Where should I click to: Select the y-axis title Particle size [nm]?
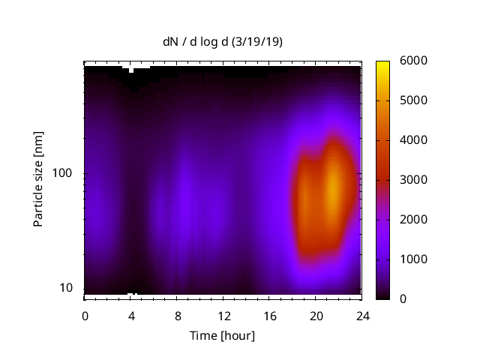click(38, 179)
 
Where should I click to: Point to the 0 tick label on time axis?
click(85, 315)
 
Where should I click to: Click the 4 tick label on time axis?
click(131, 315)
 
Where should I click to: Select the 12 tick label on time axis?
click(223, 315)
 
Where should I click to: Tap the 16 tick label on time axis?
click(270, 315)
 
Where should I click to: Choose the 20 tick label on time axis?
click(316, 315)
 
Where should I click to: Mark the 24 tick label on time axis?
click(362, 315)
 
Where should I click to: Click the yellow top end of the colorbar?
click(382, 64)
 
